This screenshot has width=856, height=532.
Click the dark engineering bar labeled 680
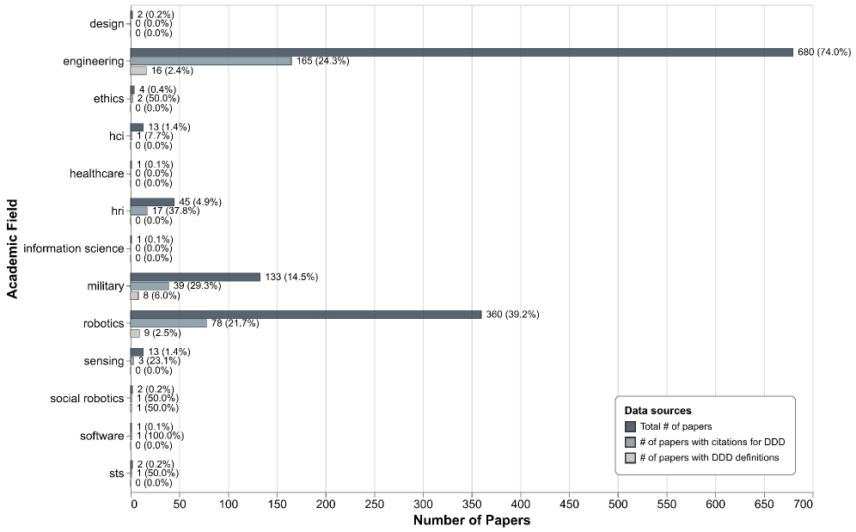pos(462,52)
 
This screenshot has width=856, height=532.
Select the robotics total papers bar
pos(306,315)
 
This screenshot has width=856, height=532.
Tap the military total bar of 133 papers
pos(195,277)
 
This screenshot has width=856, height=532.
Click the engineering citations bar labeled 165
pos(211,61)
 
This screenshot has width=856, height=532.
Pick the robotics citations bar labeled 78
pos(168,323)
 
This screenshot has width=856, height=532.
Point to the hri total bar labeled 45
pos(152,202)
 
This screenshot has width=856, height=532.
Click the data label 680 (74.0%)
pos(823,52)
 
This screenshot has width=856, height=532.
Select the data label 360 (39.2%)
pos(512,315)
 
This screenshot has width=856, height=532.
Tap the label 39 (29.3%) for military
pos(201,286)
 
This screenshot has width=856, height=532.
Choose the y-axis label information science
pos(73,248)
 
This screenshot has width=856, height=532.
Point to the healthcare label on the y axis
pos(96,174)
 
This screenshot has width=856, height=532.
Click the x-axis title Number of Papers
pos(471,521)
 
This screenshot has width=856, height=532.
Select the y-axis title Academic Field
pos(12,248)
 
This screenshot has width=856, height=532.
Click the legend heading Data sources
pos(657,411)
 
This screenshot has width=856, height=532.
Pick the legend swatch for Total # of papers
pos(630,426)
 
